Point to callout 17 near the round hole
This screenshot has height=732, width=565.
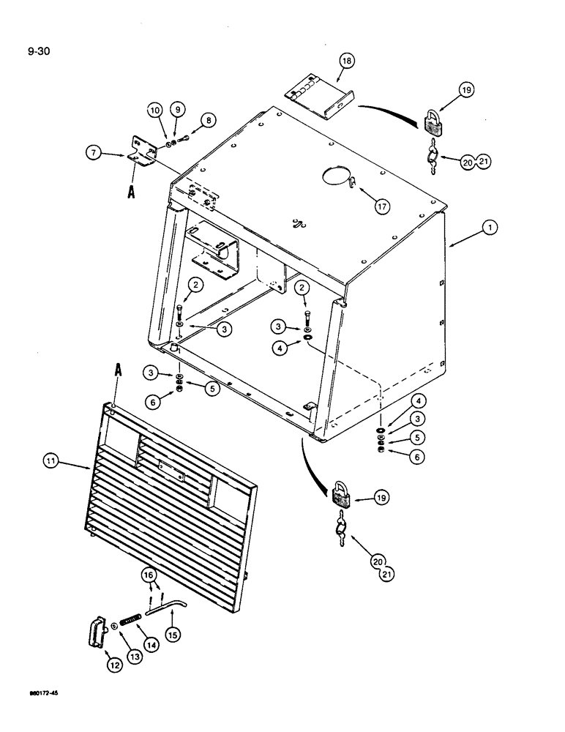381,207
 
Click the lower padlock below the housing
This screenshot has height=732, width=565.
342,496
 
